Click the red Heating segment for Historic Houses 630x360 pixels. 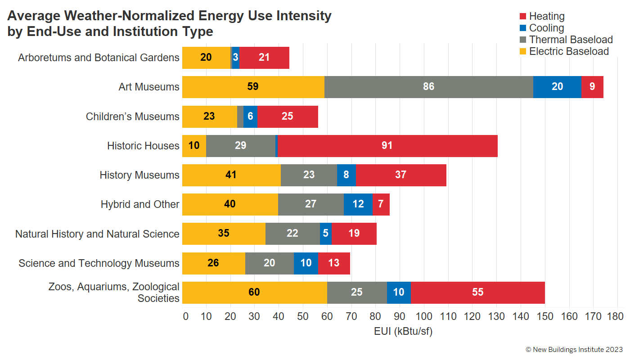click(387, 146)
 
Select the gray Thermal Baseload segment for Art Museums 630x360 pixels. click(428, 87)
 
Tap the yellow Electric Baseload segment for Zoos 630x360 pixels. click(254, 292)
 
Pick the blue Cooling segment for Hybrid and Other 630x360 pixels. click(358, 204)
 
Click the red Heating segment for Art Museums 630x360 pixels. click(592, 87)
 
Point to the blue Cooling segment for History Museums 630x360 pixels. click(346, 175)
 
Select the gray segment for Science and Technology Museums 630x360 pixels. click(269, 263)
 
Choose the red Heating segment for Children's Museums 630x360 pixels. click(287, 117)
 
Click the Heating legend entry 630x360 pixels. click(546, 16)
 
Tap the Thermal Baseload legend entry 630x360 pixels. click(571, 40)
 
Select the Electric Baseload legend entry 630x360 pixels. click(568, 51)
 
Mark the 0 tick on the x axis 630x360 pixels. click(185, 316)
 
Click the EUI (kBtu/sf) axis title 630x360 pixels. click(403, 332)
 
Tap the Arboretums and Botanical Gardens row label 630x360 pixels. click(99, 58)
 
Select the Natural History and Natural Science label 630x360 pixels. click(97, 234)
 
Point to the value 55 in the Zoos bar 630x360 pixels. click(477, 292)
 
